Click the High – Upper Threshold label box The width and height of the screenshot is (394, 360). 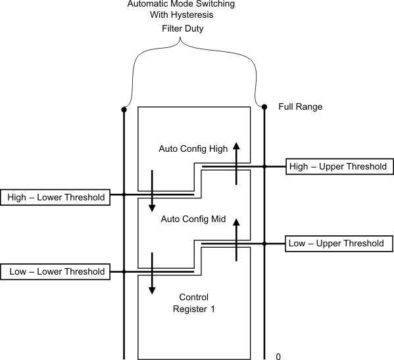(338, 167)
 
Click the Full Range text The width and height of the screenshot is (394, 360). (300, 106)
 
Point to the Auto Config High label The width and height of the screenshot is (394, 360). (193, 148)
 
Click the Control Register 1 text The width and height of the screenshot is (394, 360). (193, 304)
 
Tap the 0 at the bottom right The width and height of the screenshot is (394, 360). (278, 357)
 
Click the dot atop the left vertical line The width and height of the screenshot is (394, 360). (124, 109)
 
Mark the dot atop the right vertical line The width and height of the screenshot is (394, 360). (264, 106)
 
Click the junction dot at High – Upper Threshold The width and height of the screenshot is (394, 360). (264, 167)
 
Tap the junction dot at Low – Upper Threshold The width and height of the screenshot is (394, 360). (264, 244)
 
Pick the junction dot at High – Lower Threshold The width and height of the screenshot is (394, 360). (124, 194)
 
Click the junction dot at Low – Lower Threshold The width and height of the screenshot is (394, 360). (124, 271)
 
